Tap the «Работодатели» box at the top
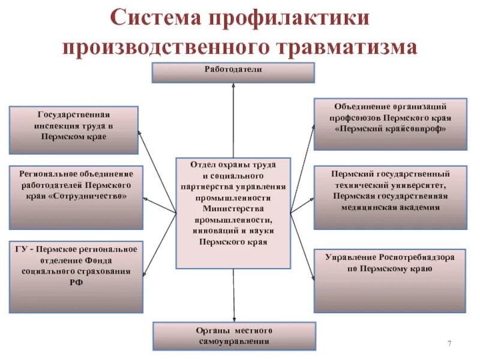233,73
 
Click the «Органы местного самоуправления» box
234,336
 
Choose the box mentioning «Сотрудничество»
76,197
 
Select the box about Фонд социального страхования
76,276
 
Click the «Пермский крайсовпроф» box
390,124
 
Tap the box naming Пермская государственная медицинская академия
390,197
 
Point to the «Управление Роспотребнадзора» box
390,280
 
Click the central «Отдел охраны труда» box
233,213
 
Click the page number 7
449,342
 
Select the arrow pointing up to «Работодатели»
233,120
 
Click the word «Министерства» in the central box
233,208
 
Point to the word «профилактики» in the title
290,17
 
